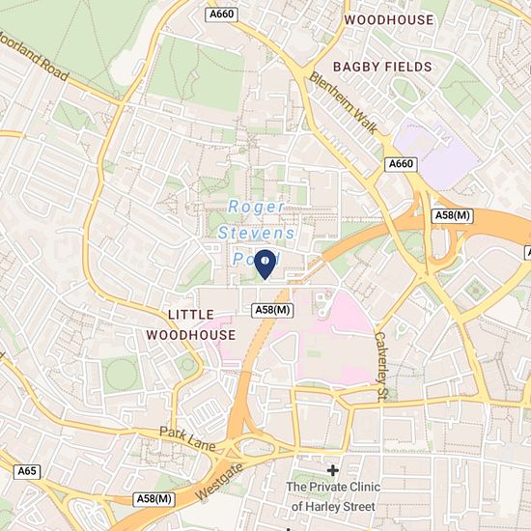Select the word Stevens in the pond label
(257, 233)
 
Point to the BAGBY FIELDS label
(378, 66)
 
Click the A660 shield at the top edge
(222, 14)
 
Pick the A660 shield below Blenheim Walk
(401, 164)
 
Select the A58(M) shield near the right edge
(452, 214)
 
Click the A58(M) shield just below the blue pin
(272, 309)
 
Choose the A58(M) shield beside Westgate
(154, 498)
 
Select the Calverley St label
(381, 368)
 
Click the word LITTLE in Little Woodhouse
(190, 316)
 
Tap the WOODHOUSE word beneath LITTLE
(190, 334)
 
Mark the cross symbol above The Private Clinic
(333, 470)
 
